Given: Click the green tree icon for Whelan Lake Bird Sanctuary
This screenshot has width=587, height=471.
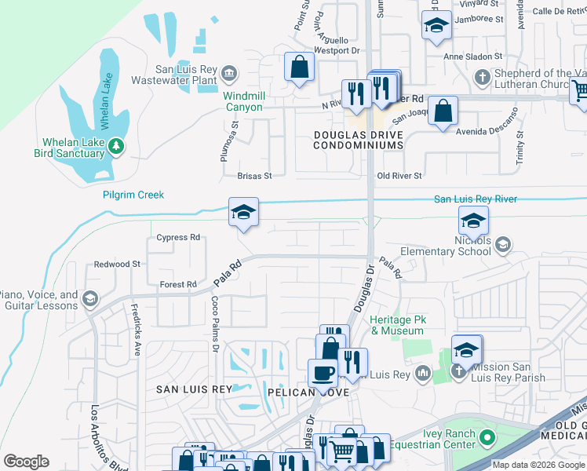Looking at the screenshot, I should (x=116, y=145).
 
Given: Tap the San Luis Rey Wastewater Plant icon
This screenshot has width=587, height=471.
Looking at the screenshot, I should (x=228, y=73).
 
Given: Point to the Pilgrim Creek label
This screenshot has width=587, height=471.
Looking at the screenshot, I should (x=133, y=194).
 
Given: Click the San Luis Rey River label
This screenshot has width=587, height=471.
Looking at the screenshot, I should (x=476, y=199).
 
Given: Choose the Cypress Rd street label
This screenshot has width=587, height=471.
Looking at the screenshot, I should (x=178, y=237).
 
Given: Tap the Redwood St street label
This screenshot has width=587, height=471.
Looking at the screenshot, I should (x=117, y=265).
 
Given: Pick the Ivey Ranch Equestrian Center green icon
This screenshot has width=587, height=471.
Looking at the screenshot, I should (x=487, y=437).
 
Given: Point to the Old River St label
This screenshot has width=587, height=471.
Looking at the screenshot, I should (x=399, y=176).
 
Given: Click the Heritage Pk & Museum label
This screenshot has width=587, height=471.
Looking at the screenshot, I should (x=396, y=325).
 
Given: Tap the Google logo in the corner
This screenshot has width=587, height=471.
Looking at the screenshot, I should (x=26, y=462).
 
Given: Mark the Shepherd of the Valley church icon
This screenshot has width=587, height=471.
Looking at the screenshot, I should (x=483, y=76).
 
